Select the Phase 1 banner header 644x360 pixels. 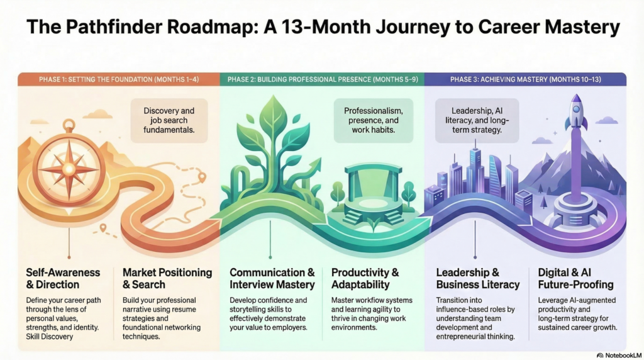coord(118,79)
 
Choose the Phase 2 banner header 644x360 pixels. coord(322,79)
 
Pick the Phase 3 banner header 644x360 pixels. coord(525,79)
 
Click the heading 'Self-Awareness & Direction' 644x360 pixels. coord(63,278)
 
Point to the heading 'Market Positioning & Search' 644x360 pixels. coord(167,278)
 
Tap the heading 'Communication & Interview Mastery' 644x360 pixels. coord(272,278)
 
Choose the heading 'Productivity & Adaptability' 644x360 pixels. coord(365,278)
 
